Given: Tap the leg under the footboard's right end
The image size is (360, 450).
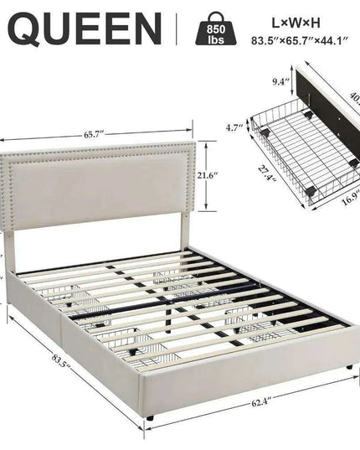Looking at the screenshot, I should pos(347,367).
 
